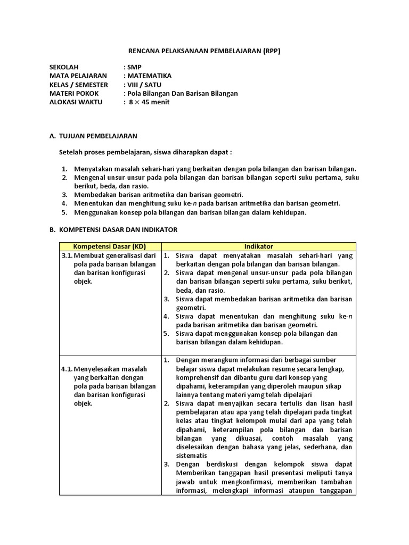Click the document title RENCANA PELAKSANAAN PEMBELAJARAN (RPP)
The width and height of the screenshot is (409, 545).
coord(204,51)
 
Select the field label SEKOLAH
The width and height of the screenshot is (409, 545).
coord(64,68)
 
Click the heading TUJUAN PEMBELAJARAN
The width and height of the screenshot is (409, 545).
coord(97,136)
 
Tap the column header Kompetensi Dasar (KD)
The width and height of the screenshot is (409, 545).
coord(109,246)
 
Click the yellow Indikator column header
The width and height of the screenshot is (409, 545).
coord(259,246)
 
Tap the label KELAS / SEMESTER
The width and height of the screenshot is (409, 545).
coord(78,85)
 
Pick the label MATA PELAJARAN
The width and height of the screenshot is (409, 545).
coord(78,76)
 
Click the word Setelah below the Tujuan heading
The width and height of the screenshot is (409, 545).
coord(71,153)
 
